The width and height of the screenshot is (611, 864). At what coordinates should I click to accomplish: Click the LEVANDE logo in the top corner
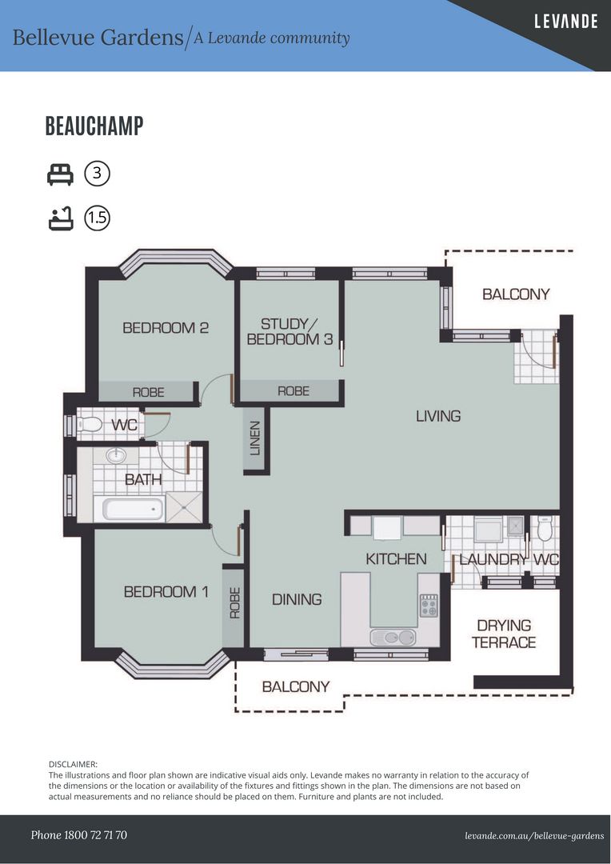pos(566,22)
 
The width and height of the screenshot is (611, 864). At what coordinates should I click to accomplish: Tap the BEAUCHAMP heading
pos(94,126)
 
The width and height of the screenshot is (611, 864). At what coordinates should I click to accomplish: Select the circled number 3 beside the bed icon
pos(97,174)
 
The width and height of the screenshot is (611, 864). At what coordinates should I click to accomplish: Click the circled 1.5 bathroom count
pos(97,218)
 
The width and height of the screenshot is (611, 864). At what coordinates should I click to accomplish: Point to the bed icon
pos(60,174)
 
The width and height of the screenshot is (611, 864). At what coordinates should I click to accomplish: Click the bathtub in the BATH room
pos(129,509)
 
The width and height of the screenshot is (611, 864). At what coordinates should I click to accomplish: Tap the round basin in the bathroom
pos(116,456)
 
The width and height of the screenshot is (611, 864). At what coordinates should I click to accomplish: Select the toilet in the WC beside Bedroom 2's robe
pos(90,424)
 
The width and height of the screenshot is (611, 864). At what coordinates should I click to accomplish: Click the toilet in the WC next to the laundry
pos(545,528)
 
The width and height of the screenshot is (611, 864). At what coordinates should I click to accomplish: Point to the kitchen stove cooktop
pos(429,605)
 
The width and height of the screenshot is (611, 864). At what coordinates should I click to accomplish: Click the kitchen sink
pos(393,638)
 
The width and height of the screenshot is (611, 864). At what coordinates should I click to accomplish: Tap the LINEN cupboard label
pos(254,438)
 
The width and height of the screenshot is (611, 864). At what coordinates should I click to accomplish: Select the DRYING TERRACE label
pos(504,634)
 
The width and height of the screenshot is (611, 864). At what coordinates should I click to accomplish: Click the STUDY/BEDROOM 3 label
pos(290,332)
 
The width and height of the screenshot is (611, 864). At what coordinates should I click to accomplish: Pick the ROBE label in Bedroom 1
pos(234,603)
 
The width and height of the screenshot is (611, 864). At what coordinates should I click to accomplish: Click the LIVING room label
pos(438,416)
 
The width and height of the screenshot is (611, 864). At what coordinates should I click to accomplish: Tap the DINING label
pos(297,599)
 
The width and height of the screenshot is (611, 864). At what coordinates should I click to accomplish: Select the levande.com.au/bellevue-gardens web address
pos(534,836)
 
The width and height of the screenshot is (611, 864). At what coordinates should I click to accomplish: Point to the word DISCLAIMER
pos(73,764)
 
